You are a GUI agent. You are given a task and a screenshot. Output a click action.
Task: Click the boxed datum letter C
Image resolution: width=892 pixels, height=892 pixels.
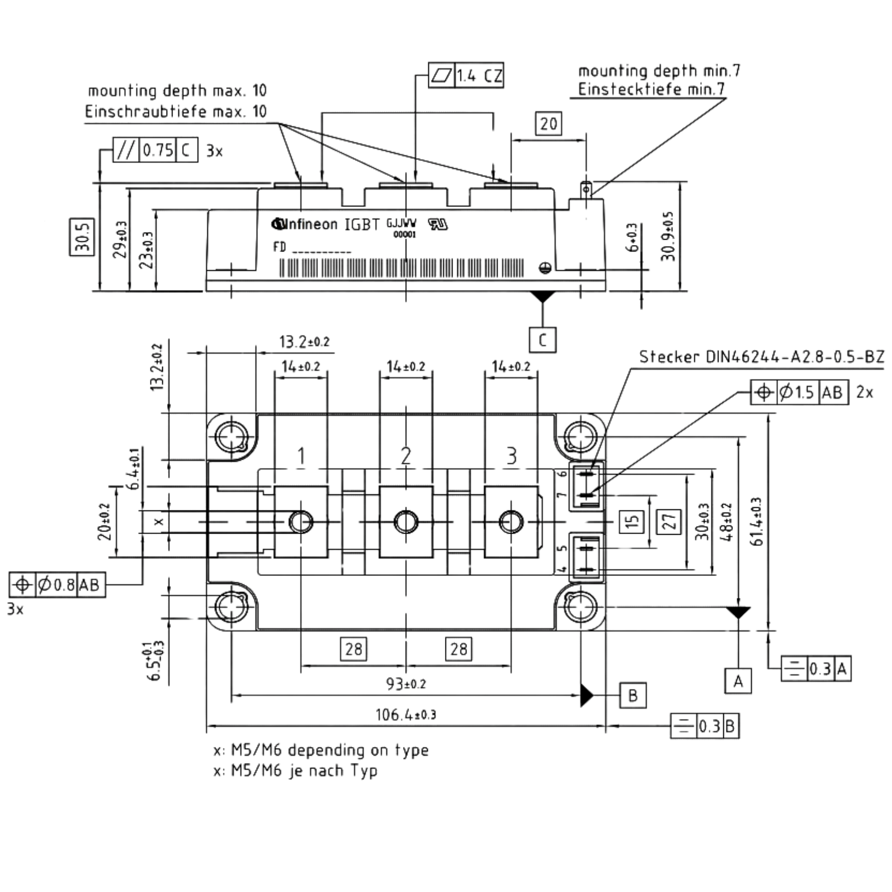point(543,340)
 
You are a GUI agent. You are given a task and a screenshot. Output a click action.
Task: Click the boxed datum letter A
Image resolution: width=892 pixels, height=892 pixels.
point(738,681)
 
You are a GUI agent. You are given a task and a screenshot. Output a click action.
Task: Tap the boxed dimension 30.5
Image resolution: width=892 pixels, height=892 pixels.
point(82,236)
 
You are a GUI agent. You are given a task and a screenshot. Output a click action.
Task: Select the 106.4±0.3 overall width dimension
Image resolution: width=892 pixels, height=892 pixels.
point(406,715)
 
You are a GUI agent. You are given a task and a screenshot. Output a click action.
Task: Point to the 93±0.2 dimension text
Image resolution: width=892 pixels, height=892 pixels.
point(406,684)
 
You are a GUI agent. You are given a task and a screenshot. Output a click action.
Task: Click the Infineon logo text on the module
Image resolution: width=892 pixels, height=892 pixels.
point(304,225)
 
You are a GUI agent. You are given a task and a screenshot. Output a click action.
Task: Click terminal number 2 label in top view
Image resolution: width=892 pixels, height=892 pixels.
point(406,456)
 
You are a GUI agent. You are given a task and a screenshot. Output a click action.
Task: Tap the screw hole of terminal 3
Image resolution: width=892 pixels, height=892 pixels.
point(511,522)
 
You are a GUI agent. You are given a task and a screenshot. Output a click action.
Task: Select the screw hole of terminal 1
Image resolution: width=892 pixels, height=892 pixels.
point(301,522)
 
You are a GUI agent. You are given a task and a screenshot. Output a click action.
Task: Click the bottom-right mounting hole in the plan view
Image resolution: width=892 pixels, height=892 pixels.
point(580,606)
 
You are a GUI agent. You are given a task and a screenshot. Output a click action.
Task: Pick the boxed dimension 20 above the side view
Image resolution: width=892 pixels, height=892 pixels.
point(549,123)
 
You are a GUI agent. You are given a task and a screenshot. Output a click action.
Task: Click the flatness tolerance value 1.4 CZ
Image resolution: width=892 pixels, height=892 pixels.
point(479,75)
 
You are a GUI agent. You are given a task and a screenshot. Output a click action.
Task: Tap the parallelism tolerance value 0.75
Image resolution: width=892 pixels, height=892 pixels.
point(158,150)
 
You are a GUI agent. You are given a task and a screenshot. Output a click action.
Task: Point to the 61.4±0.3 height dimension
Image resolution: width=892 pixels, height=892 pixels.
point(756,522)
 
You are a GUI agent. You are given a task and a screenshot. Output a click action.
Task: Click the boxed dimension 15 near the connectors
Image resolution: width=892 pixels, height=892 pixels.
point(631,521)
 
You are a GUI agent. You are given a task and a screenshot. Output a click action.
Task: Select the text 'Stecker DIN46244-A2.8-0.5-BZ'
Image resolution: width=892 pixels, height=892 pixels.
point(762,357)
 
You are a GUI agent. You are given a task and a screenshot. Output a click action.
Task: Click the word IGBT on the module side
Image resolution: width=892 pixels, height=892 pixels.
point(362,225)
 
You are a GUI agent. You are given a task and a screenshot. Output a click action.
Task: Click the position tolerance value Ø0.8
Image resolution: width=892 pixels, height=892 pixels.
point(56,585)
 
